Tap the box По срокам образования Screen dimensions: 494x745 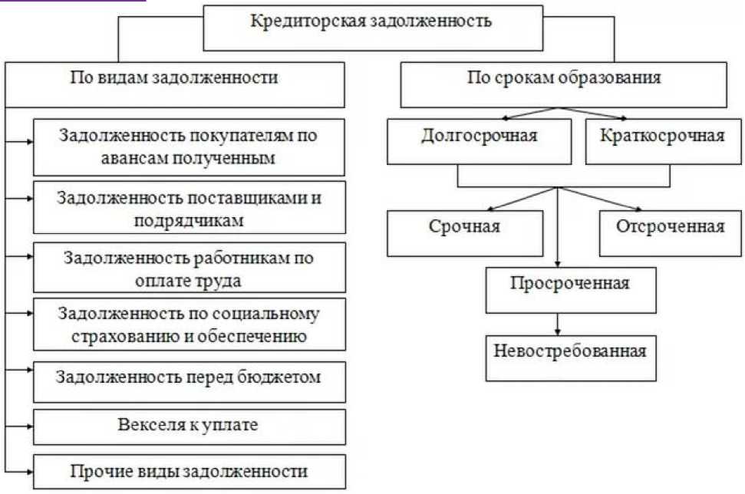(563, 78)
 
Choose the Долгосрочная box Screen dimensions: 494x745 (479, 137)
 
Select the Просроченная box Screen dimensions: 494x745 (570, 285)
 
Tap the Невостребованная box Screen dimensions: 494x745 (570, 352)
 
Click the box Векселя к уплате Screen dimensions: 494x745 (188, 425)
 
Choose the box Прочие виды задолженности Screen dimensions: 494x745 (188, 470)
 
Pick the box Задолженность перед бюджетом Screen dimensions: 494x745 (188, 378)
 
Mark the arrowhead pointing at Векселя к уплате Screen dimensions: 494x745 (29, 426)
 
